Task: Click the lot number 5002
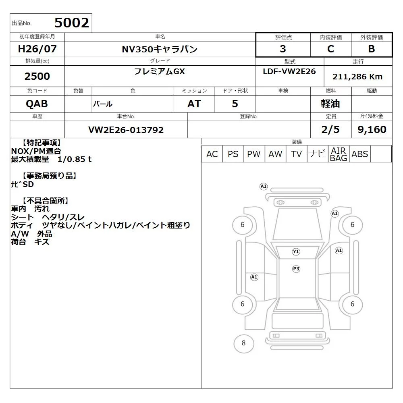[x=72, y=23]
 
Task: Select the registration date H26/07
[x=37, y=49]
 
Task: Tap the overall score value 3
[x=283, y=49]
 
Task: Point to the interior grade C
[x=330, y=49]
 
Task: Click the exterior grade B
[x=372, y=49]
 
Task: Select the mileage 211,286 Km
[x=357, y=77]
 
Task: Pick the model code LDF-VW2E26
[x=289, y=71]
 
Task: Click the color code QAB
[x=37, y=104]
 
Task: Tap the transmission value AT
[x=194, y=104]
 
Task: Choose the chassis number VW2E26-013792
[x=126, y=130]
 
